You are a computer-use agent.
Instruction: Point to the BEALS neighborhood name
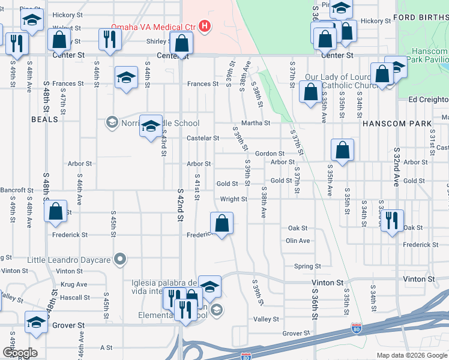click(x=45, y=119)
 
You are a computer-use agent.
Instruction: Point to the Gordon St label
click(x=269, y=154)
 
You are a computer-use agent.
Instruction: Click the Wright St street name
click(x=234, y=199)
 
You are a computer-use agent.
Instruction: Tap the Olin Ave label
click(x=298, y=241)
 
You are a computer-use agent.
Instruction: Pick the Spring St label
click(x=307, y=266)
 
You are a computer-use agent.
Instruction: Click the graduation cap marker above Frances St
click(x=126, y=78)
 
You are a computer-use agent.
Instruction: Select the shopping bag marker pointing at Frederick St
click(x=222, y=223)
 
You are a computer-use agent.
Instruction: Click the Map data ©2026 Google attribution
click(x=412, y=355)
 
